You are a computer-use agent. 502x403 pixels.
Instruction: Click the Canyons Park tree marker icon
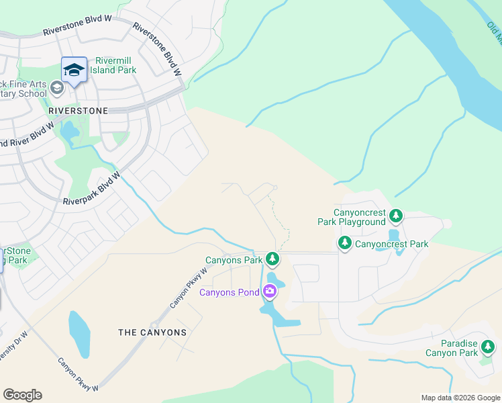(272, 259)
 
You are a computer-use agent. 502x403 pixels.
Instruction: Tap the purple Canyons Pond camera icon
(270, 291)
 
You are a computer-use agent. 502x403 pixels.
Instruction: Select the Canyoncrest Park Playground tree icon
(396, 216)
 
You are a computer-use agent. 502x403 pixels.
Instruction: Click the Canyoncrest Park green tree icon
(345, 242)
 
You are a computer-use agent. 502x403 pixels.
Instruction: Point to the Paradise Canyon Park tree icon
(488, 347)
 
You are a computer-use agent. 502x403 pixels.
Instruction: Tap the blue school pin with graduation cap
(74, 70)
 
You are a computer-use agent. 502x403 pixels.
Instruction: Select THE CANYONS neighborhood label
(152, 332)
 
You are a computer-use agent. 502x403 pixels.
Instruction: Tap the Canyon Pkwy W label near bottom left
(78, 374)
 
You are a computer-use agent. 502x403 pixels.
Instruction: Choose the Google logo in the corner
(22, 395)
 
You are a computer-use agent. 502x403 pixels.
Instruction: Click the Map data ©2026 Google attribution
(460, 398)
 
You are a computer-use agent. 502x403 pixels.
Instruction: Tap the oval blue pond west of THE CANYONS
(79, 333)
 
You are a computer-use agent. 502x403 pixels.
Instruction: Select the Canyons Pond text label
(230, 292)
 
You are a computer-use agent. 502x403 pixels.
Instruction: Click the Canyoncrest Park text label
(391, 244)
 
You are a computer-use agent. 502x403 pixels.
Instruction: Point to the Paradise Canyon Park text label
(451, 348)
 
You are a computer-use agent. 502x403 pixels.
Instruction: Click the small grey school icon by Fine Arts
(57, 87)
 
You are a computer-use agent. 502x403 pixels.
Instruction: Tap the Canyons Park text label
(234, 260)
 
